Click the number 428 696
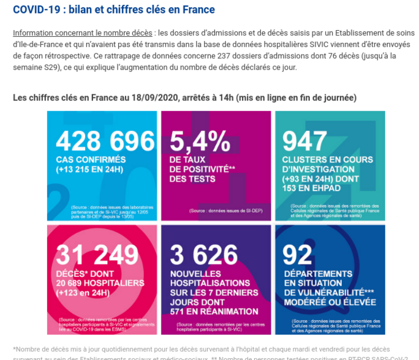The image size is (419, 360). click(105, 141)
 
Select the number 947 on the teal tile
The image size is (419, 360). click(304, 141)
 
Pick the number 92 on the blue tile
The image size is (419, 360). click(296, 255)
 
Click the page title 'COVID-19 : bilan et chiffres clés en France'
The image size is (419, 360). click(114, 10)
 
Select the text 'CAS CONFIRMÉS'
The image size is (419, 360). click(88, 160)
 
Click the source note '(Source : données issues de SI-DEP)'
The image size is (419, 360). click(216, 211)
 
